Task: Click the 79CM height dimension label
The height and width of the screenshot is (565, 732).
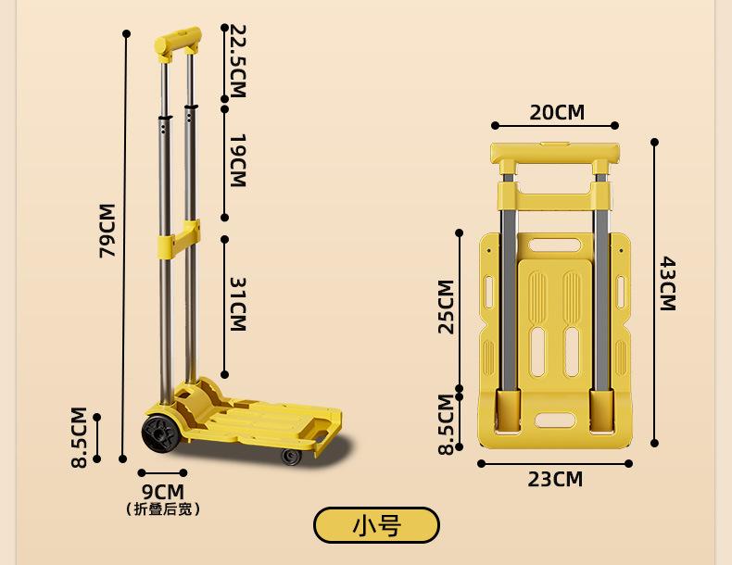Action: [107, 231]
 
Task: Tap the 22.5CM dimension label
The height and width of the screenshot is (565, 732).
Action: [237, 61]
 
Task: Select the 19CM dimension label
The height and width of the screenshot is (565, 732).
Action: [237, 160]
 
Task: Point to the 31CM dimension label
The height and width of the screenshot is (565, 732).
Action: [237, 304]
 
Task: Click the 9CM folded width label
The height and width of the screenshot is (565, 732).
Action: [163, 492]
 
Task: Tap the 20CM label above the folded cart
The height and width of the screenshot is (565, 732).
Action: [557, 112]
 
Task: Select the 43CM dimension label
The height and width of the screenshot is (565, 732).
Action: [667, 283]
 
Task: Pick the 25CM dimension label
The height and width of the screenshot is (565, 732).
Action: [446, 307]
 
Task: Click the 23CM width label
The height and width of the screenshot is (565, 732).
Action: [555, 479]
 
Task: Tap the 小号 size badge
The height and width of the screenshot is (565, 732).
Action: [376, 525]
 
